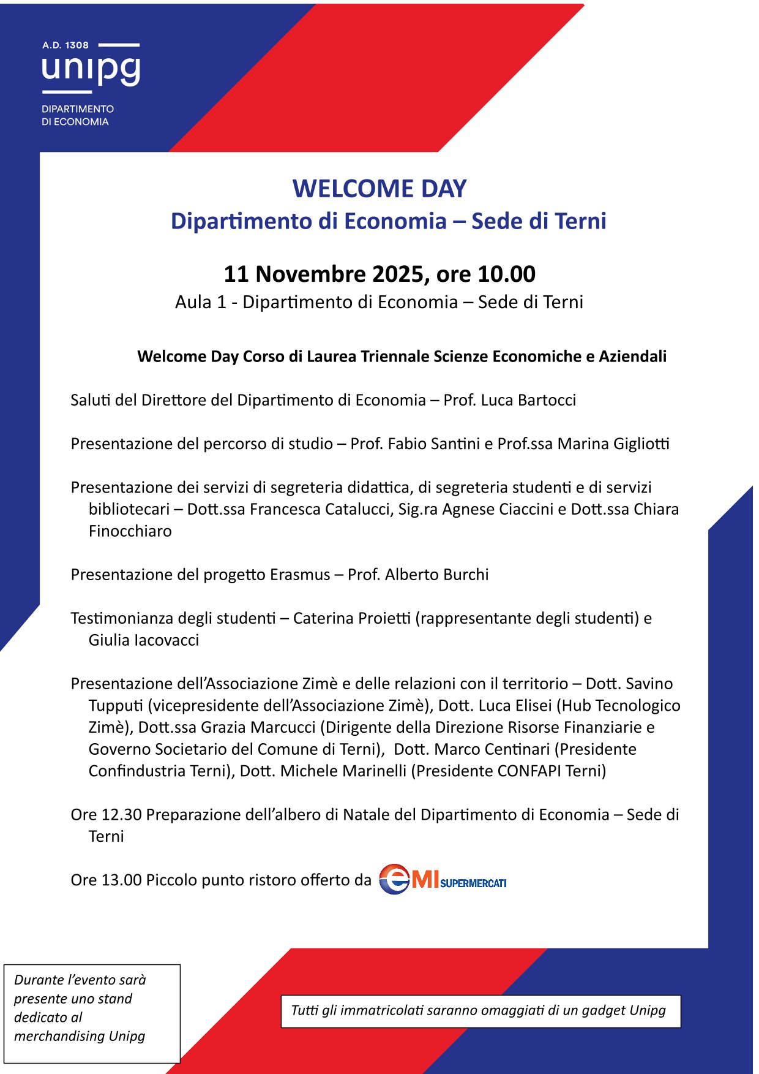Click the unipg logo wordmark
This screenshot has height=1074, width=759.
pyautogui.click(x=91, y=70)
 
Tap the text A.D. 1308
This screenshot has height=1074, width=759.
pyautogui.click(x=65, y=45)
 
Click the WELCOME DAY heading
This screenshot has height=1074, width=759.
pyautogui.click(x=379, y=189)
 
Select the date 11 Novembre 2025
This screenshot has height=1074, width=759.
pyautogui.click(x=324, y=274)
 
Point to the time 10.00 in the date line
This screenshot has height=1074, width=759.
pyautogui.click(x=506, y=274)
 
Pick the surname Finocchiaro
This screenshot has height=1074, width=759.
pyautogui.click(x=130, y=531)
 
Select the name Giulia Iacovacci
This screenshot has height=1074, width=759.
pyautogui.click(x=144, y=640)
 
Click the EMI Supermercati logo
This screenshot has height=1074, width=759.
pyautogui.click(x=442, y=880)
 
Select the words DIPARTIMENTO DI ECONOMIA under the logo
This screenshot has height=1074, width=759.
pyautogui.click(x=77, y=115)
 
